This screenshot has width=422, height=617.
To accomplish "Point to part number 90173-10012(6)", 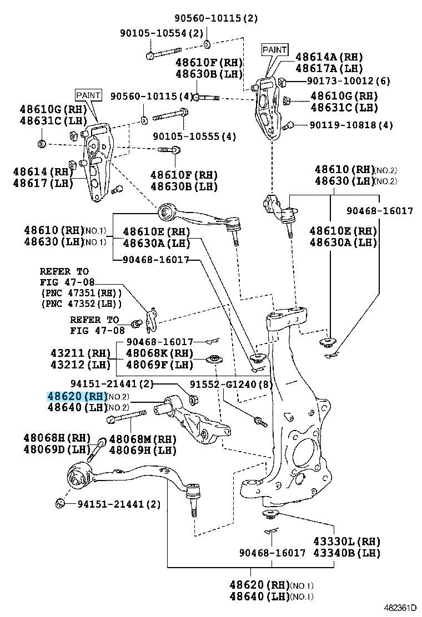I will (x=349, y=81).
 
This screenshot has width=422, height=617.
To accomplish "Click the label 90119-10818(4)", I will (x=351, y=125).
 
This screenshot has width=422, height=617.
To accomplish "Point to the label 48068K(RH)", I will (x=160, y=353).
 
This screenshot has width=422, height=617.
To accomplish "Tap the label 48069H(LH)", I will (x=143, y=449).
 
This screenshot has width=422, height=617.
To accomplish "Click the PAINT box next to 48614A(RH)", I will (x=275, y=50).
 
